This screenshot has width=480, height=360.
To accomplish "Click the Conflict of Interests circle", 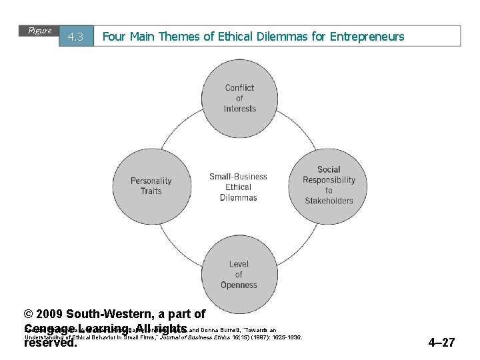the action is pyautogui.click(x=239, y=98).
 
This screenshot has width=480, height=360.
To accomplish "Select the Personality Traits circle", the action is pyautogui.click(x=151, y=185).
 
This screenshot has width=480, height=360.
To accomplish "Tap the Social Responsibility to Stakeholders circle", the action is pyautogui.click(x=329, y=185).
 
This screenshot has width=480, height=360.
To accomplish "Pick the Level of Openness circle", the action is pyautogui.click(x=239, y=274).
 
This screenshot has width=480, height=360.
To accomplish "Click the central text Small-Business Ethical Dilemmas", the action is pyautogui.click(x=238, y=187).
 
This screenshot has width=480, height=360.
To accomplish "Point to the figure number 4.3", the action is pyautogui.click(x=75, y=37).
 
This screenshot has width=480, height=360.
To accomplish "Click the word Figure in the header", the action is pyautogui.click(x=40, y=31).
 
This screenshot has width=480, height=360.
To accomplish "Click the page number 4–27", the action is pyautogui.click(x=441, y=343).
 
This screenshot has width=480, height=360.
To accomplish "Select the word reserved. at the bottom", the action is pyautogui.click(x=51, y=343).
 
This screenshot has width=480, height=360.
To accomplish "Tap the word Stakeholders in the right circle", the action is pyautogui.click(x=329, y=201).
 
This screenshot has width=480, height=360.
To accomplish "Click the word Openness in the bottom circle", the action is pyautogui.click(x=239, y=285).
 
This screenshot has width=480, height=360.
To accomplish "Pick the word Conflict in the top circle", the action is pyautogui.click(x=239, y=87).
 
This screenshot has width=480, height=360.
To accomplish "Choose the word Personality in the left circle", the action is pyautogui.click(x=151, y=181).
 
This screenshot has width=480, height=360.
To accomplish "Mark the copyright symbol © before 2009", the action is pyautogui.click(x=28, y=314).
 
